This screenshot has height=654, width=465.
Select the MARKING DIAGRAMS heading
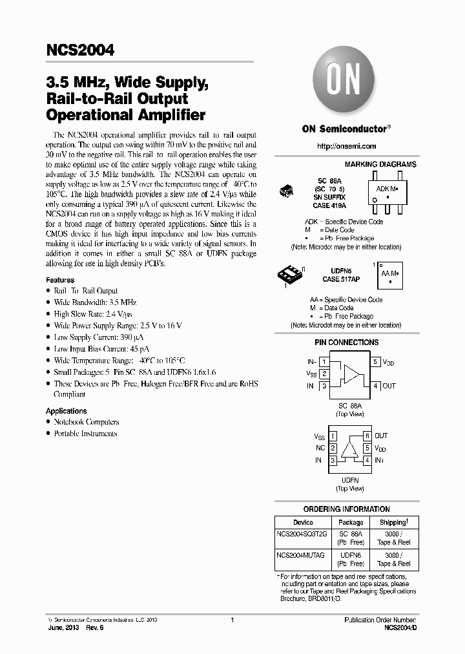point(380,165)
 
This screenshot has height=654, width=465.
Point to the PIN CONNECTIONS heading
point(347,343)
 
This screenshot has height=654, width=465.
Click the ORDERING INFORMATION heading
point(347,509)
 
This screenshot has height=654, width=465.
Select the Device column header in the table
point(303,522)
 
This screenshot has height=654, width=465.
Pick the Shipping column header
point(393,522)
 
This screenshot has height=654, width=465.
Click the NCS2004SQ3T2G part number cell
point(302,534)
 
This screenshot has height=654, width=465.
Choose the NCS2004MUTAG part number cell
point(301,555)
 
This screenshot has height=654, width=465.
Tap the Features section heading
point(60,280)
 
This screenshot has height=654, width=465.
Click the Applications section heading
point(66,411)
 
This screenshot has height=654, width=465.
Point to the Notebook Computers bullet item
point(87,422)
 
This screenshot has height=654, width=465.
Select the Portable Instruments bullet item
point(85,434)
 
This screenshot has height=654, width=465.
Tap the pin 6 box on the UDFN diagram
point(366,436)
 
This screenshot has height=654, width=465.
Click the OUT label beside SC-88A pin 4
point(389,386)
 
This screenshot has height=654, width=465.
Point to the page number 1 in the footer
point(232,620)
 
